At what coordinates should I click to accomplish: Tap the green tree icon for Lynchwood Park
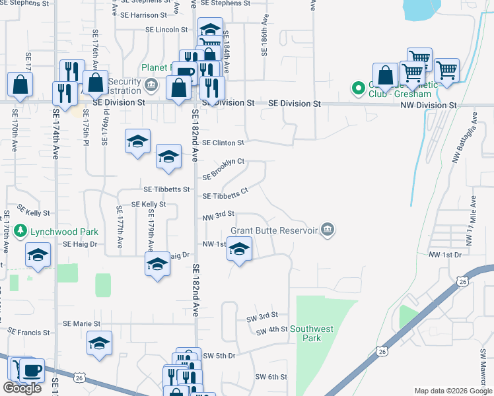pos(21,231)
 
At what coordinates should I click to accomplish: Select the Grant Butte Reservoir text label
pos(273,231)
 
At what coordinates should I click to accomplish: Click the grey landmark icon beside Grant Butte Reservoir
pos(328,230)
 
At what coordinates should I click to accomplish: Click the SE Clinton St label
pos(223,143)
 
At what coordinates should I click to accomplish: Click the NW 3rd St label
pos(219,215)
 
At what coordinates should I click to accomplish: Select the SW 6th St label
pos(271,377)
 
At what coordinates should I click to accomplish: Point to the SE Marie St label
pos(81,324)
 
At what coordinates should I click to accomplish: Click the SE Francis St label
pos(28,333)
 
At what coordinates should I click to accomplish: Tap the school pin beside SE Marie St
pos(99,343)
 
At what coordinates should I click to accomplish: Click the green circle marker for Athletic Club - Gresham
pos(359,88)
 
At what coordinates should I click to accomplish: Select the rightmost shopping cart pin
pos(446,70)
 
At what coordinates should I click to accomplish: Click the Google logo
pos(22,388)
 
